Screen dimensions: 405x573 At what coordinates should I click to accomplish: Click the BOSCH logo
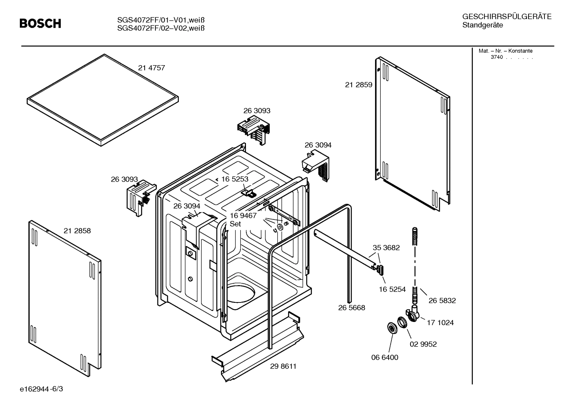pos(41,24)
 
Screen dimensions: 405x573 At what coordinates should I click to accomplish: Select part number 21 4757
pos(151,68)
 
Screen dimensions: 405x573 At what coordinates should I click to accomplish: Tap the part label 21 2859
pos(358,85)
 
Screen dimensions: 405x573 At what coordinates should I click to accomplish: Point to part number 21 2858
pos(77,231)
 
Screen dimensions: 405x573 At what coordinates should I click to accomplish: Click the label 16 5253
pos(234,179)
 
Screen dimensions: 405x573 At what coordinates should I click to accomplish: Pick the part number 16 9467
pos(243,215)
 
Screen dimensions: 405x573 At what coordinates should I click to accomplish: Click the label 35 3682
pos(386,248)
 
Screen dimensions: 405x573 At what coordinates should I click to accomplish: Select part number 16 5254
pos(392,289)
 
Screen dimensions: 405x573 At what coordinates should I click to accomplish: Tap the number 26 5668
pos(351,308)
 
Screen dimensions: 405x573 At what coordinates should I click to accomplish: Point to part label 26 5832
pos(442,301)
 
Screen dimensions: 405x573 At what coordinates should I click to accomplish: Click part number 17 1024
pos(440,323)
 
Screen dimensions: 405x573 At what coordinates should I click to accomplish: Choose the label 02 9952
pos(423,344)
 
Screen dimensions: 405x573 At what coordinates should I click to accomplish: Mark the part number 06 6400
pos(385,357)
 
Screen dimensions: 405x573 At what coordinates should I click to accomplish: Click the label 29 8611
pos(283,366)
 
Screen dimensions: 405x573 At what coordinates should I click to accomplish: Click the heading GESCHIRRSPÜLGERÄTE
pos(507,17)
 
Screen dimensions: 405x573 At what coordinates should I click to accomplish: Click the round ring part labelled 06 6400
pos(392,329)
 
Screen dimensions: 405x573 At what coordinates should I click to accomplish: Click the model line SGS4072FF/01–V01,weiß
pos(164,20)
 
